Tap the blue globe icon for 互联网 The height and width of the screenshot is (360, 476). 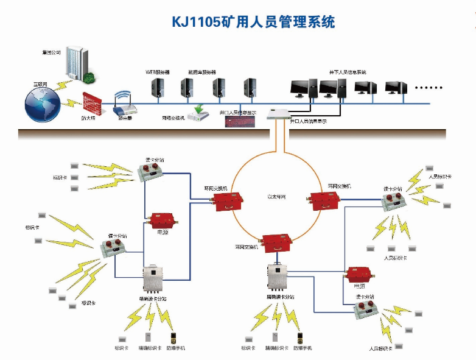click(x=43, y=104)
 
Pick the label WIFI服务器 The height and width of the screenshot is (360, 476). click(x=158, y=72)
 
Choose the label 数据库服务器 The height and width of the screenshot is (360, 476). click(x=202, y=72)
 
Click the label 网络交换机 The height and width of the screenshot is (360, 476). click(x=173, y=118)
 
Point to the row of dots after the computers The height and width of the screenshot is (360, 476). click(x=429, y=88)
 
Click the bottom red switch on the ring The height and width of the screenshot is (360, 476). click(x=278, y=242)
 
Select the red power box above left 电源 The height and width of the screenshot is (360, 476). click(x=162, y=221)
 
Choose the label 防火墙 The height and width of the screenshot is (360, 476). click(x=88, y=119)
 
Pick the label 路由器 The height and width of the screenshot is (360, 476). click(x=125, y=119)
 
